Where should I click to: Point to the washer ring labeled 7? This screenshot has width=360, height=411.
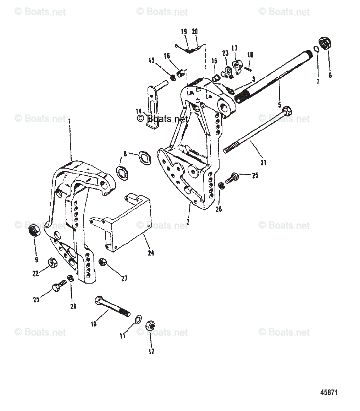pos(316,49)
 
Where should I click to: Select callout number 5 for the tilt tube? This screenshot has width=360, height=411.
pos(279,105)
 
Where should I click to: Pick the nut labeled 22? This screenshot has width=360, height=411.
pos(51,263)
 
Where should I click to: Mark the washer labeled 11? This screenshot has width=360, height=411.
pos(138,319)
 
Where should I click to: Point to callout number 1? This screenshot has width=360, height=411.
pos(70,121)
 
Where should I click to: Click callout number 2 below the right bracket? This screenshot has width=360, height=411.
pos(188,222)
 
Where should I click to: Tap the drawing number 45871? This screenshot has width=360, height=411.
pos(329,393)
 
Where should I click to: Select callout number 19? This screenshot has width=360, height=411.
pos(184,32)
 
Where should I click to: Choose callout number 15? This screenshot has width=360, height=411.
pos(151,61)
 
